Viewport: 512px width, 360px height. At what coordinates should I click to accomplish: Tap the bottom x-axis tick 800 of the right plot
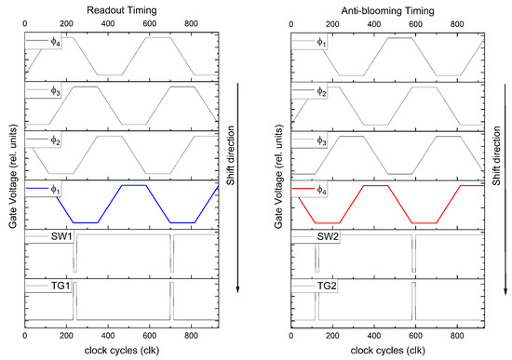(x=458, y=338)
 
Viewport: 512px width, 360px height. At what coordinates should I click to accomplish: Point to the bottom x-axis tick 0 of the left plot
(x=25, y=338)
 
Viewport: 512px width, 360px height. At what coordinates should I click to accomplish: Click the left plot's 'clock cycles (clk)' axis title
(x=121, y=352)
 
